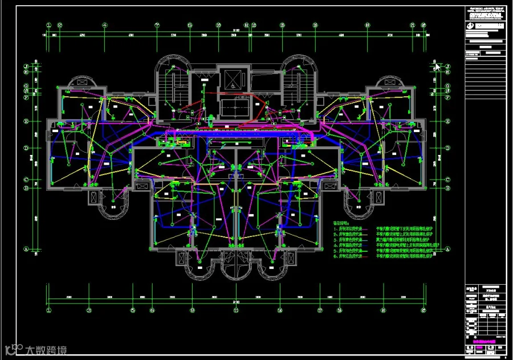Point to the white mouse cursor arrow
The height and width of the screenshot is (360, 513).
pyautogui.click(x=437, y=66)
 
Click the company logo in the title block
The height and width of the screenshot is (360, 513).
pyautogui.click(x=471, y=26)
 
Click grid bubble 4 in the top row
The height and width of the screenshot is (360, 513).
pyautogui.click(x=105, y=25)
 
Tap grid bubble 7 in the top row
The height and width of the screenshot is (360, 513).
pyautogui.click(x=156, y=25)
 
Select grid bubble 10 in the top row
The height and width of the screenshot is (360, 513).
pyautogui.click(x=218, y=25)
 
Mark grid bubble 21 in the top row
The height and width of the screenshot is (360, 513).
pyautogui.click(x=412, y=25)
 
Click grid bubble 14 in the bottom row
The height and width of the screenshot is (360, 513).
pyautogui.click(x=280, y=310)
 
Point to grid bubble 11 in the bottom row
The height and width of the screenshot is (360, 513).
pyautogui.click(x=234, y=310)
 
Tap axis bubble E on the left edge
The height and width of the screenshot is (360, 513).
pyautogui.click(x=26, y=121)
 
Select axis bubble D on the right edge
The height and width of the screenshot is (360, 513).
pyautogui.click(x=447, y=149)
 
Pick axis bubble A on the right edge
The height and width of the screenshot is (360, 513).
pyautogui.click(x=447, y=249)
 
